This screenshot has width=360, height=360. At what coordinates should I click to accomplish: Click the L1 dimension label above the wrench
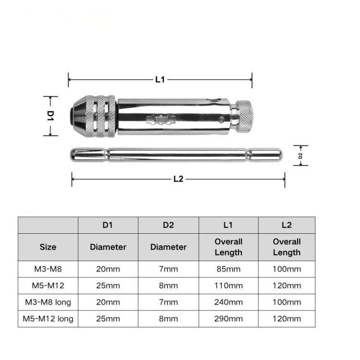pyautogui.click(x=160, y=80)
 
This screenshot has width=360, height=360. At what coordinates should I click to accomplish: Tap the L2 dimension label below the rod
pyautogui.click(x=179, y=179)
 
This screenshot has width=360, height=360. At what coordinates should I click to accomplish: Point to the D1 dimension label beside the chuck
pyautogui.click(x=50, y=116)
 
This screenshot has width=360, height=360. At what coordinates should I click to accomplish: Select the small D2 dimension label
pyautogui.click(x=300, y=156)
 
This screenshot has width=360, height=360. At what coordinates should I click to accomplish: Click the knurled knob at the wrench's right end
pyautogui.click(x=245, y=116)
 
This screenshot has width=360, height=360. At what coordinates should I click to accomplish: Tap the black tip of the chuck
pyautogui.click(x=72, y=117)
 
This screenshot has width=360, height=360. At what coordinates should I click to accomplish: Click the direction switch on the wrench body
pyautogui.click(x=161, y=120)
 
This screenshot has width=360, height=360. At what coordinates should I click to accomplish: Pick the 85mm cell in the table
pyautogui.click(x=228, y=269)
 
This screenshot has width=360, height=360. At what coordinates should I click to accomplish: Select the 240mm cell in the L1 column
pyautogui.click(x=228, y=302)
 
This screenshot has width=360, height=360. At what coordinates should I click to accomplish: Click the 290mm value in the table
pyautogui.click(x=228, y=319)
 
